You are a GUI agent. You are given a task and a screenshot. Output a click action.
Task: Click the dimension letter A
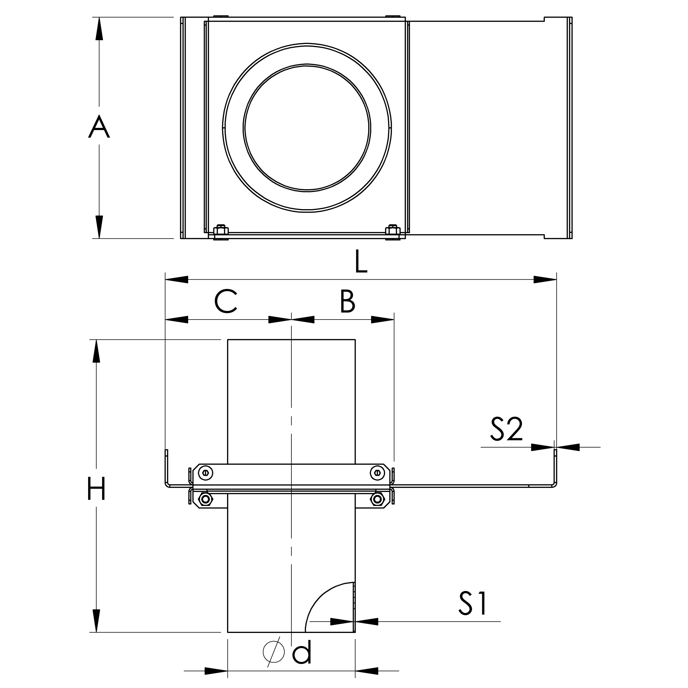(x=99, y=127)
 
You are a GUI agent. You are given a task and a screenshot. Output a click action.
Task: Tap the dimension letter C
(x=226, y=301)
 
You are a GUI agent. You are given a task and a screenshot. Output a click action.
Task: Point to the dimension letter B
(x=347, y=301)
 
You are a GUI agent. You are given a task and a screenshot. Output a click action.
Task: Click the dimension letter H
(x=96, y=488)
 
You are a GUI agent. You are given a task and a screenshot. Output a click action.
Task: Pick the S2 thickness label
(x=506, y=429)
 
